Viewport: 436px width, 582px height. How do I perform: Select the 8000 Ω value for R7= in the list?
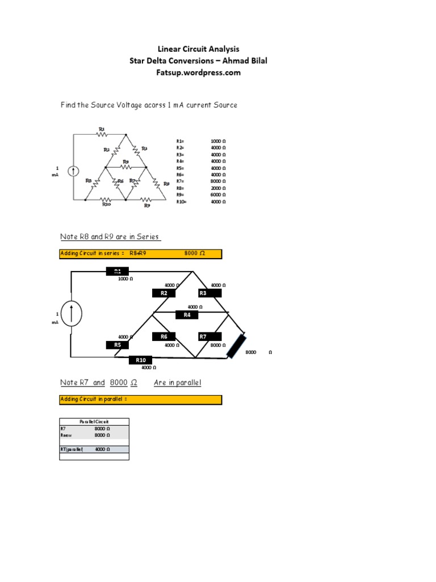pyautogui.click(x=218, y=181)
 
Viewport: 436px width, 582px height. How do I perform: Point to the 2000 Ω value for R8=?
pyautogui.click(x=218, y=188)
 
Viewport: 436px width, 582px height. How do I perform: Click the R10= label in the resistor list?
pyautogui.click(x=182, y=201)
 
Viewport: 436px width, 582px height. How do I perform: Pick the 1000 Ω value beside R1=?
pyautogui.click(x=218, y=140)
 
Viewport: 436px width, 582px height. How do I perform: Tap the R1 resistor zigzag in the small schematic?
pyautogui.click(x=102, y=134)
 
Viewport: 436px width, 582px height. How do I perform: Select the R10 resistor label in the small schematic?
pyautogui.click(x=106, y=205)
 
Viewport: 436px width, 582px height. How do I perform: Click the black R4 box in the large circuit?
pyautogui.click(x=187, y=315)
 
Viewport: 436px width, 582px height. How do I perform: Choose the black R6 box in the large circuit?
pyautogui.click(x=163, y=336)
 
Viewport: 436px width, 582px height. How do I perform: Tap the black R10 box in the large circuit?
pyautogui.click(x=141, y=360)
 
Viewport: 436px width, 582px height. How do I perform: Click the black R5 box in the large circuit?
pyautogui.click(x=118, y=344)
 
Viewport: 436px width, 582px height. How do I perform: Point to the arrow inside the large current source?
pyautogui.click(x=72, y=314)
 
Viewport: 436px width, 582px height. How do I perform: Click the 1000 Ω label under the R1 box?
pyautogui.click(x=125, y=279)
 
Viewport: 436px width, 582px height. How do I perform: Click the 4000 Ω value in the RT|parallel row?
pyautogui.click(x=102, y=449)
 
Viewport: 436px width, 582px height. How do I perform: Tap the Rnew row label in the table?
pyautogui.click(x=66, y=435)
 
